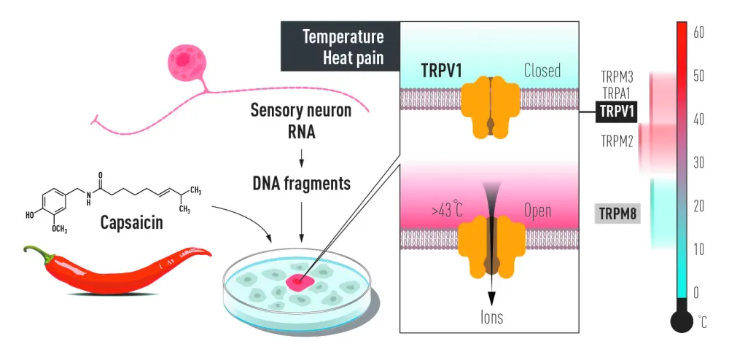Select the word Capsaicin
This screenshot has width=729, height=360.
(132, 219)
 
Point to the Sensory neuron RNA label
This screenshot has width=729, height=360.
(300, 120)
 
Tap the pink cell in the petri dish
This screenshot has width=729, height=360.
(299, 282)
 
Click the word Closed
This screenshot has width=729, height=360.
(542, 71)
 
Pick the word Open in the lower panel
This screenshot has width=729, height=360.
(537, 211)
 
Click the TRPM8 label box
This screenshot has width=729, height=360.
(617, 214)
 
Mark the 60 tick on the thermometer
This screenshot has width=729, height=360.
(698, 32)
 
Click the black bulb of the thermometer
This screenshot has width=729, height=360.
(682, 321)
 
